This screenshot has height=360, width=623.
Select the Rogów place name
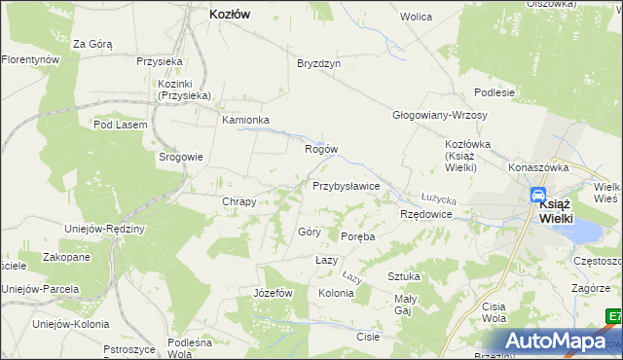[321, 150]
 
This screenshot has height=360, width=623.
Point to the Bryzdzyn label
[318, 62]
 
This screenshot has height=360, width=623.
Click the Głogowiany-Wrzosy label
[439, 114]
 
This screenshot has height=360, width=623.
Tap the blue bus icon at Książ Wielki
[537, 196]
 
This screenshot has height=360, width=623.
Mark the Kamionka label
[245, 121]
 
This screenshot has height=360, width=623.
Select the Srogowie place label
[181, 157]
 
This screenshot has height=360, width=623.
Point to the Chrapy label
[238, 202]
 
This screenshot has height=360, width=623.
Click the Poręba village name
[357, 236]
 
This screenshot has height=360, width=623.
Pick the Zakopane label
[66, 258]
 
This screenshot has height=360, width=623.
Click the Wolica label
[416, 18]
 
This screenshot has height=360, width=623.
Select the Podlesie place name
[494, 91]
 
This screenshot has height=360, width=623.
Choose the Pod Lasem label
[120, 125]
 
